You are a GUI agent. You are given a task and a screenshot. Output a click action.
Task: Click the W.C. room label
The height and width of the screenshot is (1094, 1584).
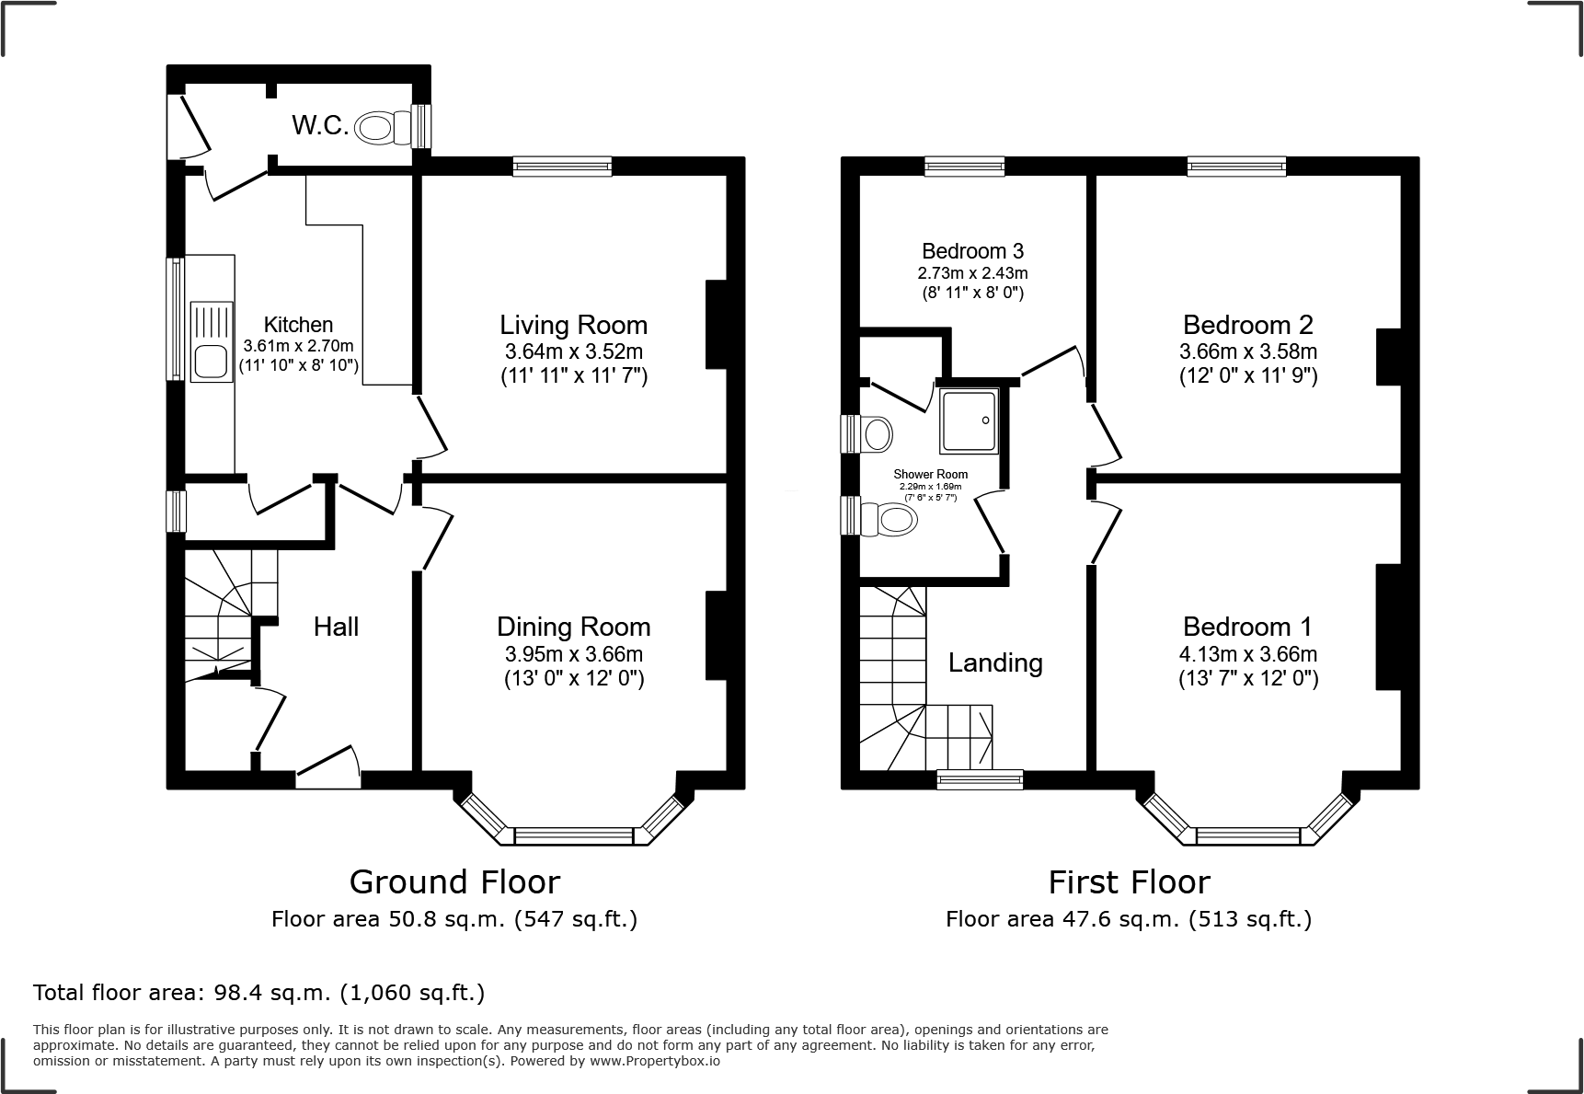320,126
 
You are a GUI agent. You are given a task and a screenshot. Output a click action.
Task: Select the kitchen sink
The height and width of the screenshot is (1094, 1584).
211,341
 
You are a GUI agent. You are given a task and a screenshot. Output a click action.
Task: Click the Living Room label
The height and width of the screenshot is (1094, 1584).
573,325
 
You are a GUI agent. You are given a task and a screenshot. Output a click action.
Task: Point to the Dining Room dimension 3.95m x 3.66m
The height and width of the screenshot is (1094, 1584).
573,654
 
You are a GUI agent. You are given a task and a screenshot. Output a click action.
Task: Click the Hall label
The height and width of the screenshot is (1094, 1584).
336,628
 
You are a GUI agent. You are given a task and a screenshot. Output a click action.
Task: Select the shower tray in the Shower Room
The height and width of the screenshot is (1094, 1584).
968,420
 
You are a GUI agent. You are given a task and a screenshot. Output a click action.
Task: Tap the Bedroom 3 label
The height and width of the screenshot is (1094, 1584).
972,251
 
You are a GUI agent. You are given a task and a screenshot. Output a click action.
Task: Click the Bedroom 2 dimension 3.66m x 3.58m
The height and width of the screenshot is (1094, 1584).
1247,351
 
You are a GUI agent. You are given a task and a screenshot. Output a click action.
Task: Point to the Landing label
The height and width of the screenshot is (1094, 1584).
995,662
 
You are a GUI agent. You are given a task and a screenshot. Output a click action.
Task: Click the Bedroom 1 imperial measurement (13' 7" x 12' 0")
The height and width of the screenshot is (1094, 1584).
1247,679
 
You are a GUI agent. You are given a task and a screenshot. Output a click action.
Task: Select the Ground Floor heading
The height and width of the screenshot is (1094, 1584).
454,881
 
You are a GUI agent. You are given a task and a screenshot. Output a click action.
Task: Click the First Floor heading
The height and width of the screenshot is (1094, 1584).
1129,881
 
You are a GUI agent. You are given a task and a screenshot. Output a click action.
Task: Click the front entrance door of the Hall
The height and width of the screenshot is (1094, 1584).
327,767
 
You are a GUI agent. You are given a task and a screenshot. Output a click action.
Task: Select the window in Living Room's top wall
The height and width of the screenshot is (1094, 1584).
562,166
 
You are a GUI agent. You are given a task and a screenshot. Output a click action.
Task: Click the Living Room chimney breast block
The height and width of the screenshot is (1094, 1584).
717,324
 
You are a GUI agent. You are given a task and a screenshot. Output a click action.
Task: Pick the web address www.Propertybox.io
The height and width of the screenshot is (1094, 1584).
654,1061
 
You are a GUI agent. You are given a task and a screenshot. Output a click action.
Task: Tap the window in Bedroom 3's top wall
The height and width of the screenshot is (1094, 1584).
964,166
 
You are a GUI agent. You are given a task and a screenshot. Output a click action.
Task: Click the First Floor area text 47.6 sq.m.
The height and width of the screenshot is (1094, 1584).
1115,918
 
